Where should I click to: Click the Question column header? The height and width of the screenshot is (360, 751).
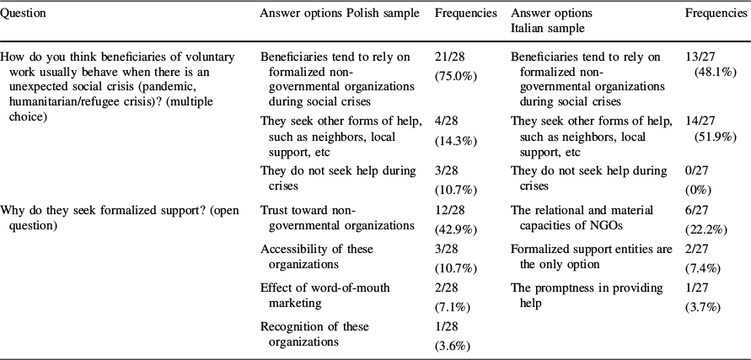(24, 14)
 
